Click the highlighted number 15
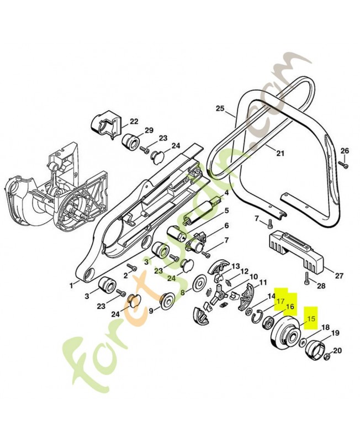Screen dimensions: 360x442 pyautogui.click(x=311, y=319)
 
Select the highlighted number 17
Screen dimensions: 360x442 pyautogui.click(x=280, y=301)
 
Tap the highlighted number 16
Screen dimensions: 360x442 pyautogui.click(x=290, y=307)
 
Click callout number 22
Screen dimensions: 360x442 pyautogui.click(x=134, y=122)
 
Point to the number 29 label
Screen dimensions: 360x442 pyautogui.click(x=149, y=130)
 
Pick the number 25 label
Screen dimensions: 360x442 pyautogui.click(x=221, y=108)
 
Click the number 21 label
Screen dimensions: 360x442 pyautogui.click(x=280, y=154)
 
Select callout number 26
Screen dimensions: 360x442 pyautogui.click(x=344, y=151)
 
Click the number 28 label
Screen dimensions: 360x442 pyautogui.click(x=321, y=286)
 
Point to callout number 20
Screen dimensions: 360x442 pyautogui.click(x=337, y=351)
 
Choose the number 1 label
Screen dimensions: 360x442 pyautogui.click(x=71, y=285)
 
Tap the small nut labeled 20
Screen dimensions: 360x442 pyautogui.click(x=327, y=357)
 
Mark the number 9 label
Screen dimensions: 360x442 pyautogui.click(x=151, y=311)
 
